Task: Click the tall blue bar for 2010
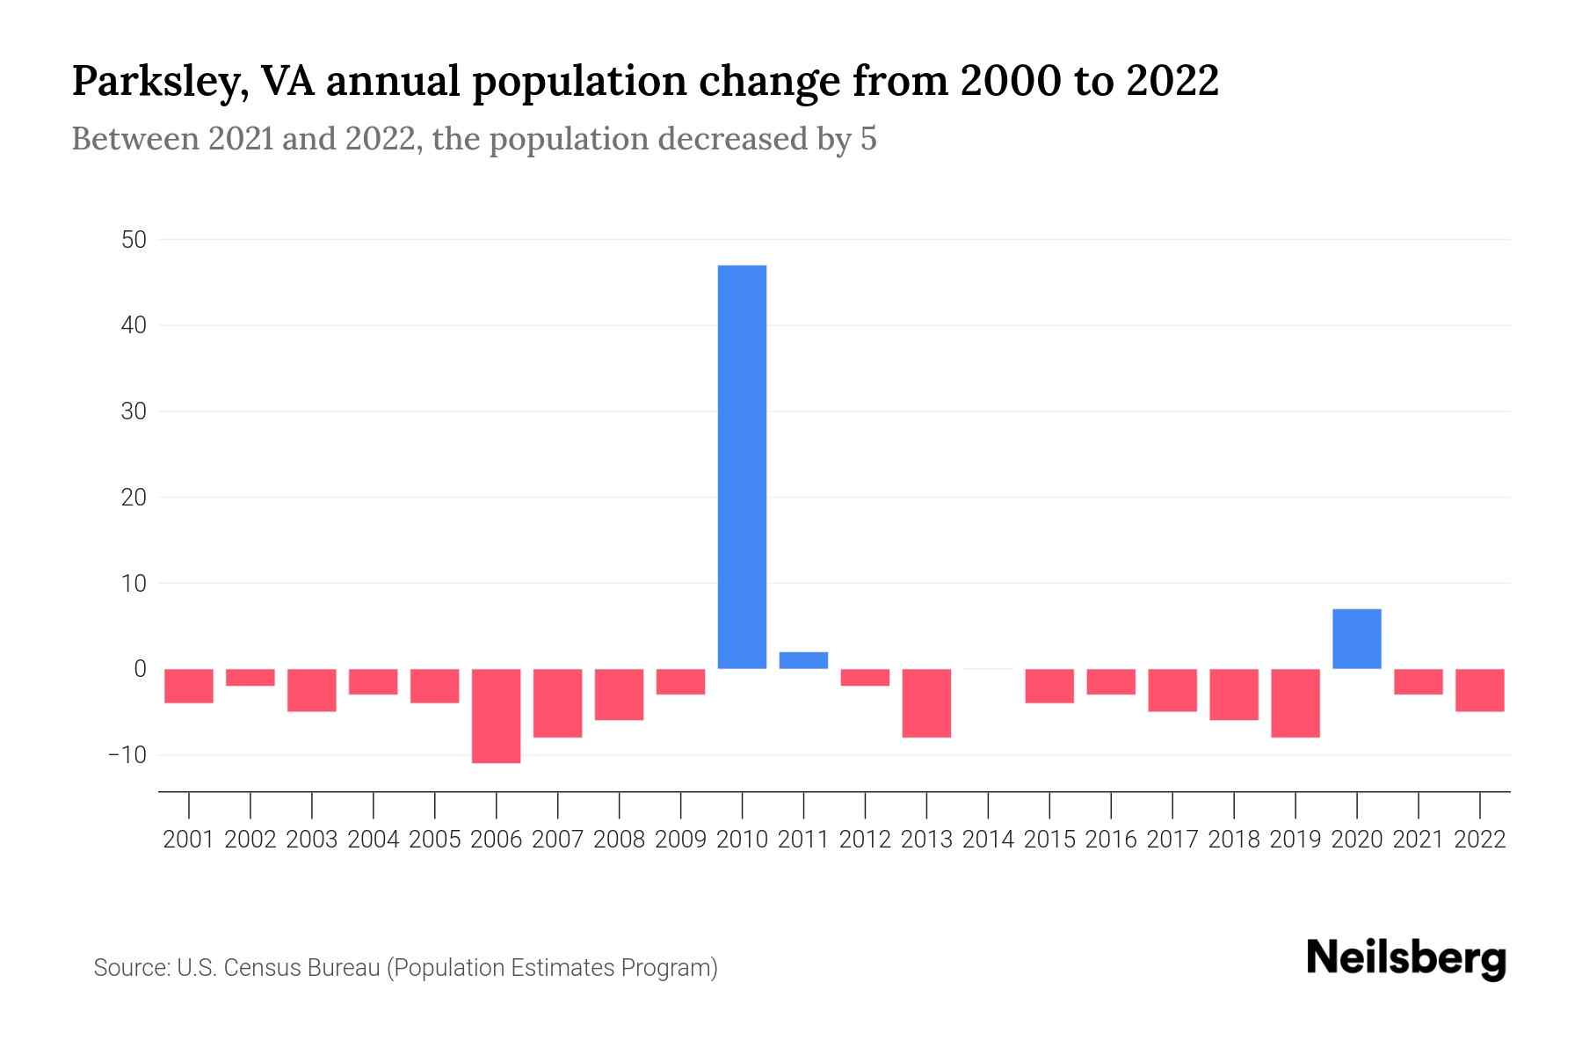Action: point(742,466)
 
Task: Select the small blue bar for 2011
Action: point(803,660)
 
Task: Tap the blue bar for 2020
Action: point(1356,639)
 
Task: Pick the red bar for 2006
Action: point(496,716)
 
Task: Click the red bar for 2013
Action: point(926,702)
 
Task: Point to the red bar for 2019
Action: point(1295,702)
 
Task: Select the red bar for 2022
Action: point(1479,690)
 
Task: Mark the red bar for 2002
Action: point(250,677)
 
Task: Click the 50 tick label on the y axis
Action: point(134,240)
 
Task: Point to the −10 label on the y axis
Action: point(127,755)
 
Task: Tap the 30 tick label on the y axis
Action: point(134,411)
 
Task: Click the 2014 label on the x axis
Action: point(988,840)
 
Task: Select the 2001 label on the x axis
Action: point(189,840)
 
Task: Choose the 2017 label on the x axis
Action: point(1172,840)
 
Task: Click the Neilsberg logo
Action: point(1406,959)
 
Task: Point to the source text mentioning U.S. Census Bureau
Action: point(405,968)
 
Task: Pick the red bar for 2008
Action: point(619,695)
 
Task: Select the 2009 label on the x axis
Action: point(680,840)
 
